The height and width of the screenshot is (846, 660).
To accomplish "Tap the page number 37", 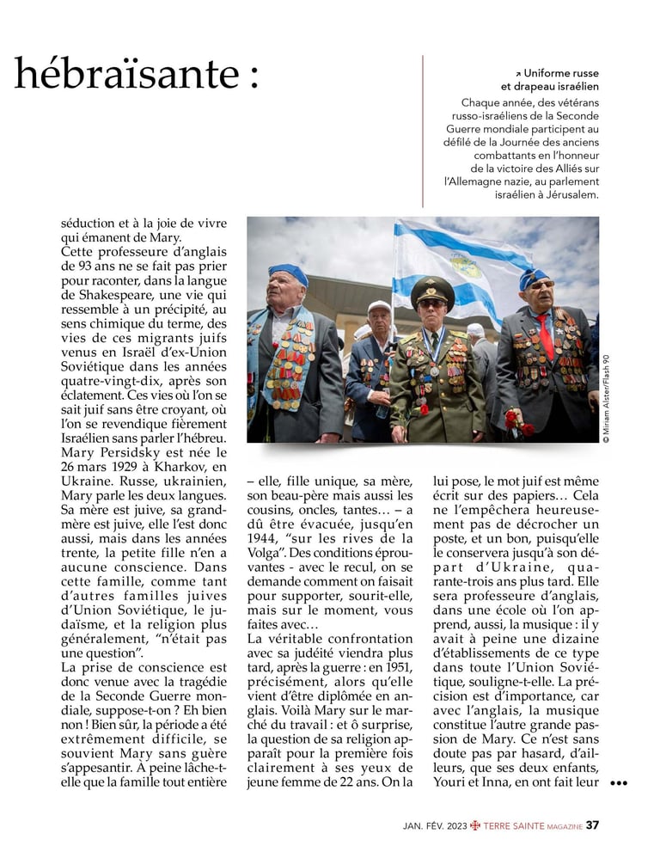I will [592, 825].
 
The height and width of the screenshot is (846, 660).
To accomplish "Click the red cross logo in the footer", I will [475, 825].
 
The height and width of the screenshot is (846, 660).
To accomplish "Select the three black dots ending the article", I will [619, 783].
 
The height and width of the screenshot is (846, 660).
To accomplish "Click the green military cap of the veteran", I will [432, 289].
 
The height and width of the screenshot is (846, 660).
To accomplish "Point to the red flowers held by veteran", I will [516, 420].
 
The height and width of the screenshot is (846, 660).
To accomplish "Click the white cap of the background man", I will [379, 306].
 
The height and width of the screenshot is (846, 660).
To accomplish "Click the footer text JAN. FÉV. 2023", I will [435, 826].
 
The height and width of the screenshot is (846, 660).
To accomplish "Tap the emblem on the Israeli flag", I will [465, 263].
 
